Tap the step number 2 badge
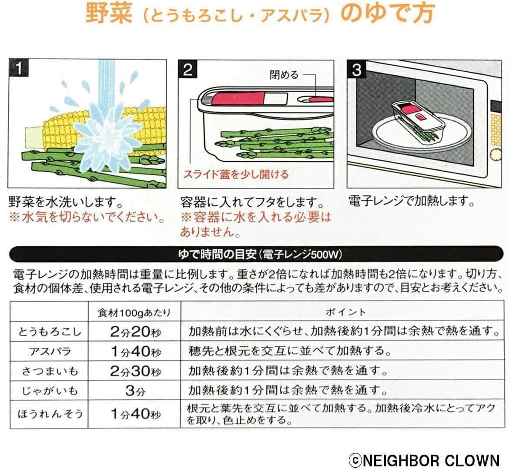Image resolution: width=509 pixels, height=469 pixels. pos(188,69)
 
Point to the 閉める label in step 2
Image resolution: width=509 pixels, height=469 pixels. pos(284,75)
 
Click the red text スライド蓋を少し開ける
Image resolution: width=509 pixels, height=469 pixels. pos(235,175)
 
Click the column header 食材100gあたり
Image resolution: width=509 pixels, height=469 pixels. pos(134,312)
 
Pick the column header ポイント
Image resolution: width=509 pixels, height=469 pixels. pos(346,312)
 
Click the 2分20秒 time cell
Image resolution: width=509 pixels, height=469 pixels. pos(135,332)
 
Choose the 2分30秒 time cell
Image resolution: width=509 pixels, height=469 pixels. pos(135,371)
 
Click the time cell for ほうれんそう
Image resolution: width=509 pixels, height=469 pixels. pos(135,413)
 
